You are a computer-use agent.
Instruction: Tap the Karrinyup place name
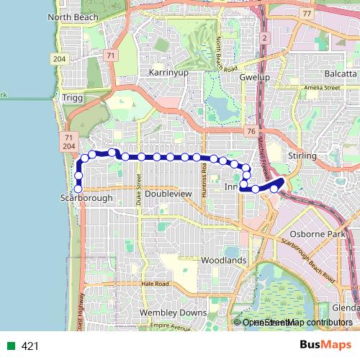168,73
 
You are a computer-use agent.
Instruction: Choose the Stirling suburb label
302,156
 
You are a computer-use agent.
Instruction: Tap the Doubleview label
166,194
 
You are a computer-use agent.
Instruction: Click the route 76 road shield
250,130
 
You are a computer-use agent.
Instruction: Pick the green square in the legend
12,346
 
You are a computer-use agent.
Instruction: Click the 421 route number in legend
30,346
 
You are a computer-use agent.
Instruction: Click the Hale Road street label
155,284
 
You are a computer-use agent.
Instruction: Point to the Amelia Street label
321,87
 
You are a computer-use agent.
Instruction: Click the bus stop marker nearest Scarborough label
78,190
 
